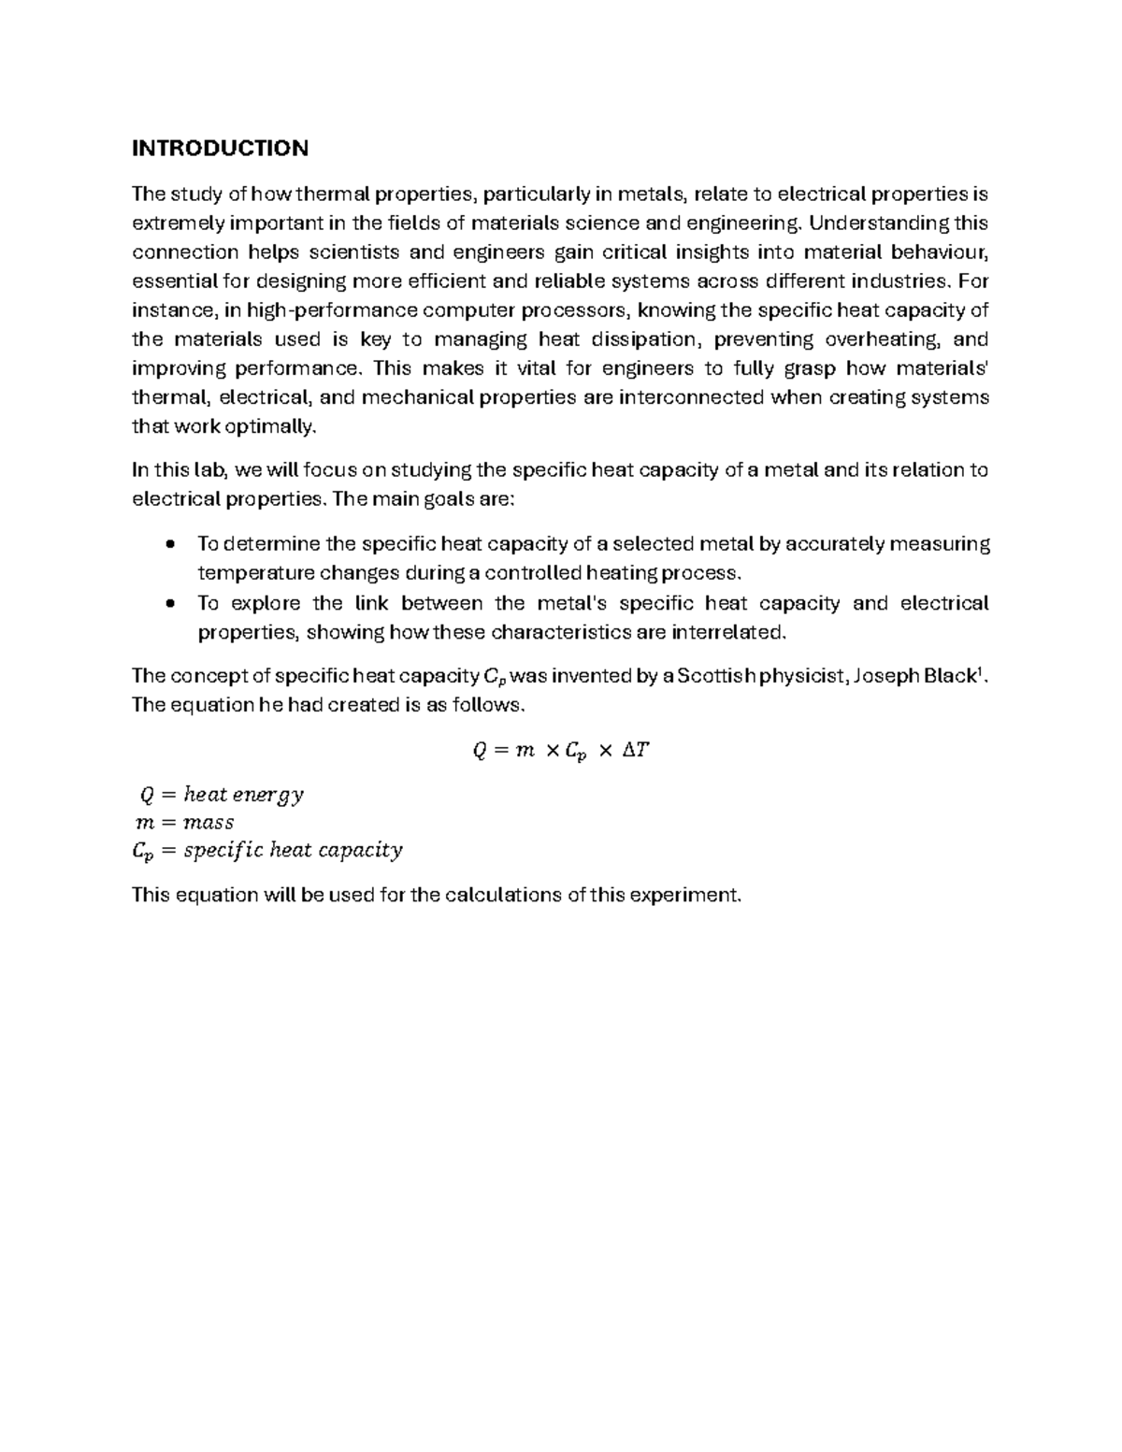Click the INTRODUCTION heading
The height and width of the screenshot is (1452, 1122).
coord(220,149)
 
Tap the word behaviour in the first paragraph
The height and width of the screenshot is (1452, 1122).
coord(939,252)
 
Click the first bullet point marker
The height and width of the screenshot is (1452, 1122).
coord(169,544)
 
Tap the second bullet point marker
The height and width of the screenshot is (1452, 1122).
coord(169,603)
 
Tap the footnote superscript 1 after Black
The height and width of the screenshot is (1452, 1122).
coord(979,671)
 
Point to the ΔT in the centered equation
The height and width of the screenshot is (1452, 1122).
coord(634,750)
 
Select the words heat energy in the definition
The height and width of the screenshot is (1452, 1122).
coord(243,795)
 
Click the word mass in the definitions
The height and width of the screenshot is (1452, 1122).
coord(209,823)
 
